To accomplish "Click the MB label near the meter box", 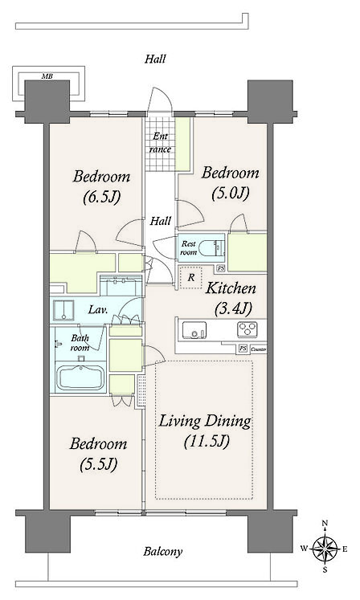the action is [47, 76].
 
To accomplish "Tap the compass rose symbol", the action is [325, 549].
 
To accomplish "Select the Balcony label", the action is [163, 551].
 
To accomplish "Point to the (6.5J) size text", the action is [102, 197].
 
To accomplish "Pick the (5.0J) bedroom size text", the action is [231, 193].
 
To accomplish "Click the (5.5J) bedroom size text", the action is [98, 464].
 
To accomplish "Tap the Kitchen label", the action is [231, 288].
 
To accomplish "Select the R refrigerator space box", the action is [190, 277].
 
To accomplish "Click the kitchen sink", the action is [194, 330].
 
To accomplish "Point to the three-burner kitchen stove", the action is [247, 329].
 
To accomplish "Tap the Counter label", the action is [258, 349].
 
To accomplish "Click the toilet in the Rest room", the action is [213, 246].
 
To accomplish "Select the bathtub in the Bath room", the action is [80, 378].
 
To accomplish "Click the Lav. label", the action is [98, 309].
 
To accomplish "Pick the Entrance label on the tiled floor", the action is [160, 142].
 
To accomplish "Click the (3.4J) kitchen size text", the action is [233, 308].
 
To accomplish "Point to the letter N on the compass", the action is [325, 523].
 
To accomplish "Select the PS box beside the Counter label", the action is [243, 349].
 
